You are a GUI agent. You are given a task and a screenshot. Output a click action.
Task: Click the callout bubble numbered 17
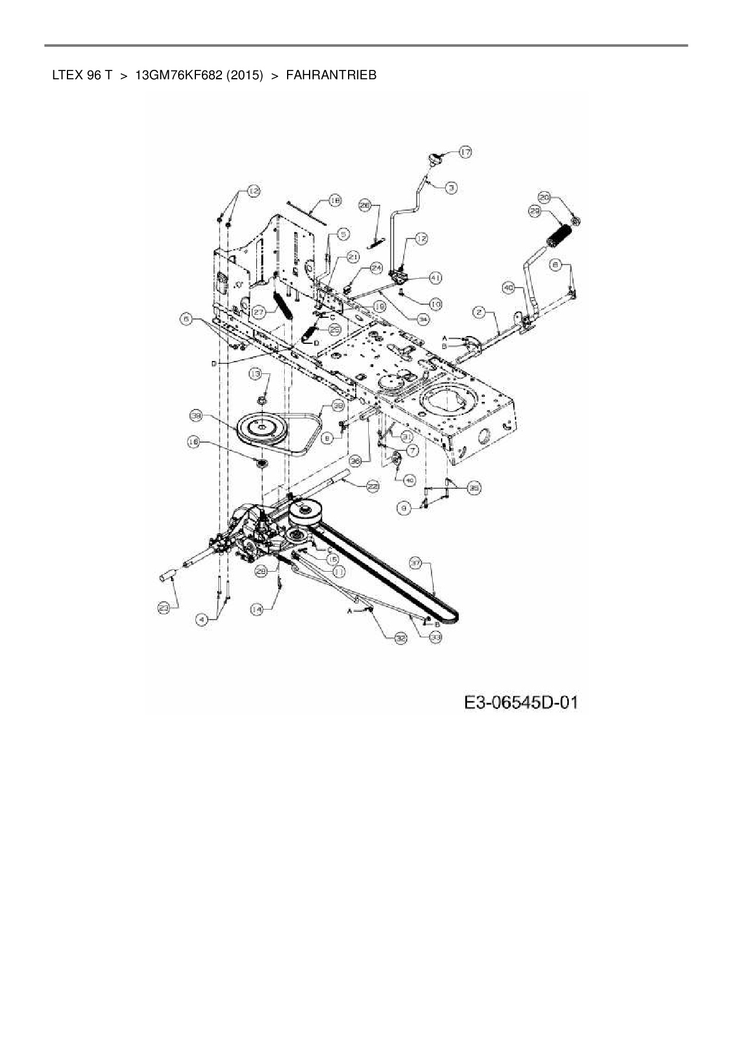pyautogui.click(x=465, y=152)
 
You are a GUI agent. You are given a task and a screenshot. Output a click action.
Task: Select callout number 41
pyautogui.click(x=435, y=277)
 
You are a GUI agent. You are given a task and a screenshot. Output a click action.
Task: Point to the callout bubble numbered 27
pyautogui.click(x=257, y=312)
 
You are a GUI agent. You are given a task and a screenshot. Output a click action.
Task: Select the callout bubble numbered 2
pyautogui.click(x=479, y=312)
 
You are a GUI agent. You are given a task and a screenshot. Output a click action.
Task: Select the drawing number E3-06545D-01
pyautogui.click(x=520, y=702)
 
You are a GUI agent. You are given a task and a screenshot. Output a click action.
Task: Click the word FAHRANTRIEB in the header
pyautogui.click(x=331, y=75)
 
